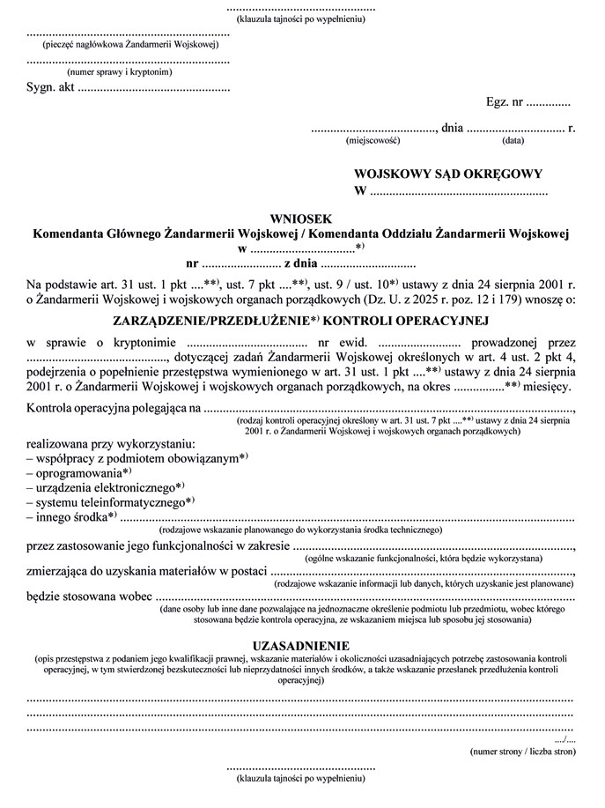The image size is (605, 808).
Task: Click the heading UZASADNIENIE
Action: tap(301, 645)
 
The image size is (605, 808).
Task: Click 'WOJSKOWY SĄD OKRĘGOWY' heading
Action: tap(447, 174)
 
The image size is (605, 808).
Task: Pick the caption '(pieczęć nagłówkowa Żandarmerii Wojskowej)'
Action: tap(129, 44)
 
